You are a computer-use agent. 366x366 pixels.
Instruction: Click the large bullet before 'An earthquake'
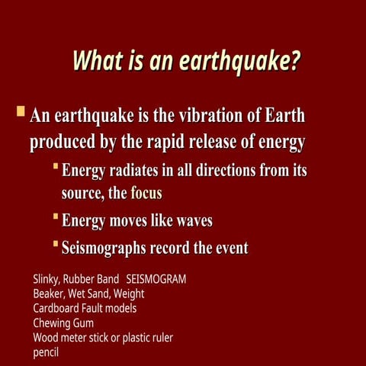21,113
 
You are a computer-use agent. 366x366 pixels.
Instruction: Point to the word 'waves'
194,221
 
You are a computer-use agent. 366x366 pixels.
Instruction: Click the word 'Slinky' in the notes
48,280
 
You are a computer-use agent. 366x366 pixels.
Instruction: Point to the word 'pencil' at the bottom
46,352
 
